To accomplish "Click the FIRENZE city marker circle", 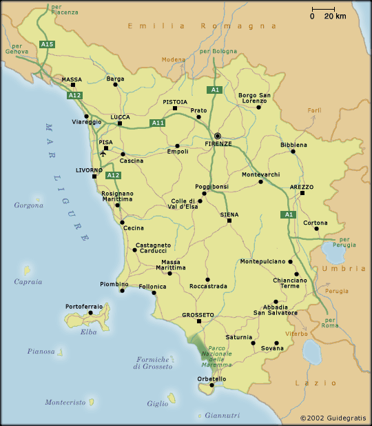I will [x=218, y=136].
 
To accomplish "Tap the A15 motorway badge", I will [x=47, y=44].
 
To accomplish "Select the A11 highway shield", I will [x=157, y=123].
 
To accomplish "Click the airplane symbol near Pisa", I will [x=103, y=154].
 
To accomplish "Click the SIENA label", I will [x=229, y=214].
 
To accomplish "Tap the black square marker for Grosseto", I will [x=198, y=321].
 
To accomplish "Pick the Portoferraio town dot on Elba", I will [x=90, y=312].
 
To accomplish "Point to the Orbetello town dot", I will [x=212, y=385].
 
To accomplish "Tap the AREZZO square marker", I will [x=302, y=194].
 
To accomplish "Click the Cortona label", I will [x=316, y=223].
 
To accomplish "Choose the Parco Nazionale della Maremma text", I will [x=217, y=354].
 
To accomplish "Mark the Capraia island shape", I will [x=27, y=269].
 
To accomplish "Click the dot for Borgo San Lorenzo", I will [x=258, y=107].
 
